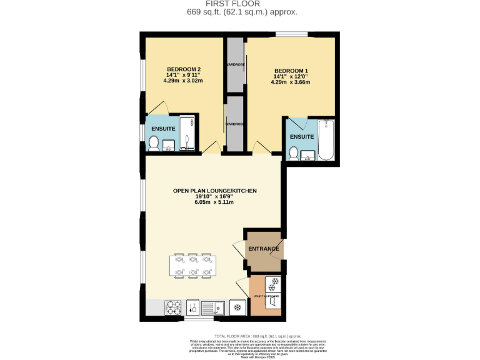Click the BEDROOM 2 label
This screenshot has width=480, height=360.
184,69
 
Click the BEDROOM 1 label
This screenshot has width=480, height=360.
291,70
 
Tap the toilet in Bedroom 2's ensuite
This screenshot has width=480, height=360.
154,144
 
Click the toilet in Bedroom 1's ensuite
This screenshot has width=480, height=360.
292,152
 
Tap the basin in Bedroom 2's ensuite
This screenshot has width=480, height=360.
169,147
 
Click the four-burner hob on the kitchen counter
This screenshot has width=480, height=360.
173,307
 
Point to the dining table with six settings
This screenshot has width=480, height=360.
193,265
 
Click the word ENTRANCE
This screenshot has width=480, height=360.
264,249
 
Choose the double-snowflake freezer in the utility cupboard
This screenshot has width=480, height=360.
272,284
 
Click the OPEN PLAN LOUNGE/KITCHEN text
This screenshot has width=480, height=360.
214,191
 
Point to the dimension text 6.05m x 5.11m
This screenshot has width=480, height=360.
214,202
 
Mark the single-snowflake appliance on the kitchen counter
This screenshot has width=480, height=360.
237,307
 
